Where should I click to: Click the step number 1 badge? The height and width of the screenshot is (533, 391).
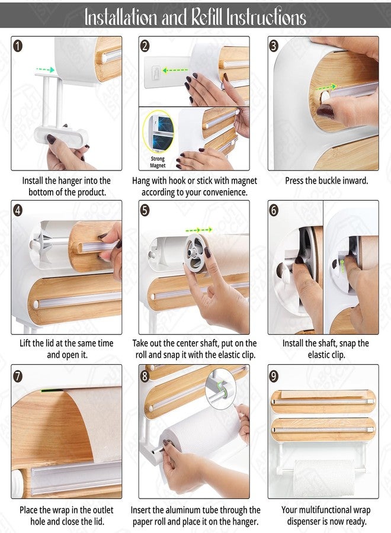tap(18, 46)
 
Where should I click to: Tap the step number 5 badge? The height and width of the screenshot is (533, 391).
tap(145, 210)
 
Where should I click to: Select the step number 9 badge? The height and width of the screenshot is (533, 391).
tap(274, 376)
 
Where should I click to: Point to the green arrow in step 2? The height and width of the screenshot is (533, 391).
tap(175, 70)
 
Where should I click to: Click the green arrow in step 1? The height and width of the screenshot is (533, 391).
tap(45, 69)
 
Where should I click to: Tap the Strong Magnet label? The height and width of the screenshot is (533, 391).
tap(158, 162)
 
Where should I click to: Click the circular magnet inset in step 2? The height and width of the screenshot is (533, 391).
tap(158, 131)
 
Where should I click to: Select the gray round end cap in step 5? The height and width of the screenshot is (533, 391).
tap(196, 252)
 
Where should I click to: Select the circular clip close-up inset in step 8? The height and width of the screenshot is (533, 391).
tap(220, 389)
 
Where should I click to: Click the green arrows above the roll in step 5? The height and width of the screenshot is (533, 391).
tap(199, 230)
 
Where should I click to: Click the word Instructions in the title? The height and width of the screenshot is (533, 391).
tap(267, 17)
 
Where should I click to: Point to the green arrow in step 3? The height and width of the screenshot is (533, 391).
tap(326, 88)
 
